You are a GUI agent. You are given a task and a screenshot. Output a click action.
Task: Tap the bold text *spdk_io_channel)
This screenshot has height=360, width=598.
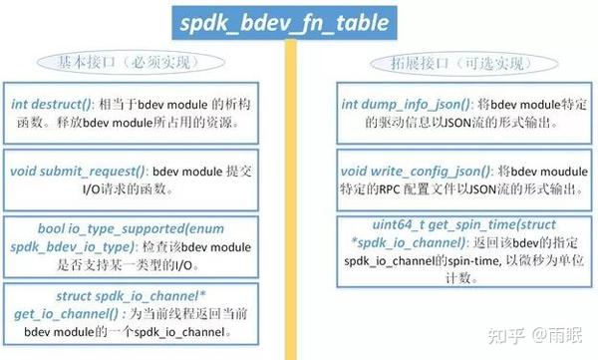(x=387, y=244)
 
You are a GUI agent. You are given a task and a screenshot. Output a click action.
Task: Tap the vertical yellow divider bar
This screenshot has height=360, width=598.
(x=293, y=199)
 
